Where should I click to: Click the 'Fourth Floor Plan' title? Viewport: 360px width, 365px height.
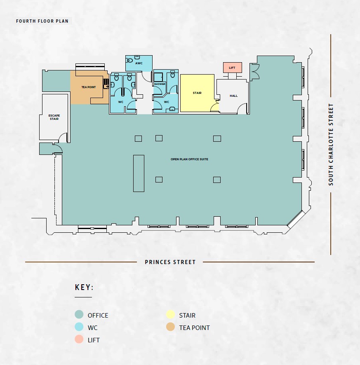42,21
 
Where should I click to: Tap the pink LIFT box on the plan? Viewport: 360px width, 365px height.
232,68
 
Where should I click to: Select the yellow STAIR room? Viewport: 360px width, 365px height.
198,93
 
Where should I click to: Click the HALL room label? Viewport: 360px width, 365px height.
233,96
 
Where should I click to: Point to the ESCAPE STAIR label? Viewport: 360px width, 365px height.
54,117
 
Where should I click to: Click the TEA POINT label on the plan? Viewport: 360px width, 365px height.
89,87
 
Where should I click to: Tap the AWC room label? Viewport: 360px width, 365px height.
139,63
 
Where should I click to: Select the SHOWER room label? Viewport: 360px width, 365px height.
160,84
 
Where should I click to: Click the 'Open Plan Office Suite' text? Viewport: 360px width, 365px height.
189,159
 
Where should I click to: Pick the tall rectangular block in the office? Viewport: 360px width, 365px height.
139,173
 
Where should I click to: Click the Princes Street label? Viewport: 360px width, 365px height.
170,262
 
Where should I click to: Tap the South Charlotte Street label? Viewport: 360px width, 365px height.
331,145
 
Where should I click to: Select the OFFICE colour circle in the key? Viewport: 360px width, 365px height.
79,314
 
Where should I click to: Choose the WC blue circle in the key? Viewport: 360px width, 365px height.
79,327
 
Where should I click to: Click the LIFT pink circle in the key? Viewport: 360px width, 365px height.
79,339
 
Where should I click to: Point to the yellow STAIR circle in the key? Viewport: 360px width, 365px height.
170,314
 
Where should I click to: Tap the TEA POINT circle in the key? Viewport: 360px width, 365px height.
170,327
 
